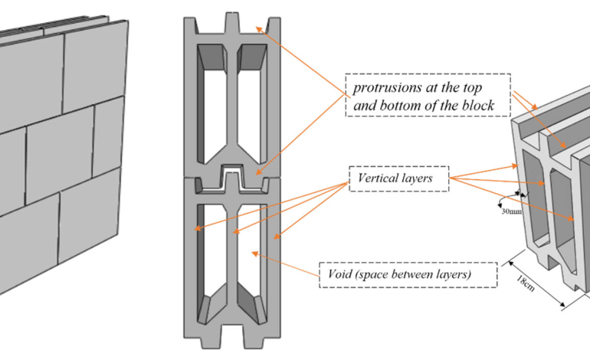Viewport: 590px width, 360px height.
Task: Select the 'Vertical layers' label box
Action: click(399, 178)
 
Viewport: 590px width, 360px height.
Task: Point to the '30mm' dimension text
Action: click(511, 211)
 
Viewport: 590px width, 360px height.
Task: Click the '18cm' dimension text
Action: click(525, 283)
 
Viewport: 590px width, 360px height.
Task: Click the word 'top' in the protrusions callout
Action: click(472, 88)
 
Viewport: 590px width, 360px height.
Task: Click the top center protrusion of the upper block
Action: click(232, 22)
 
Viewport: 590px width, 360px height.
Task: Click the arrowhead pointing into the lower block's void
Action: click(254, 254)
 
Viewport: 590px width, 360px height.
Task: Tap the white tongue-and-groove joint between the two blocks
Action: click(231, 178)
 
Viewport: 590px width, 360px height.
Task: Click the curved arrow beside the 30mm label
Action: click(504, 199)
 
